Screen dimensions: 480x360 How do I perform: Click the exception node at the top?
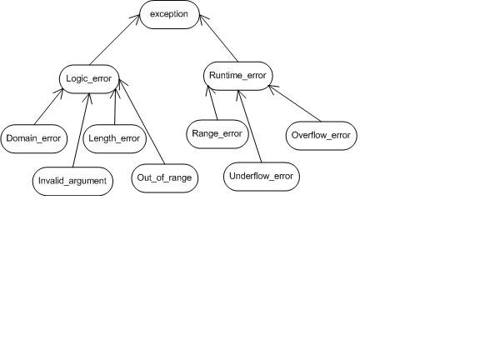(169, 14)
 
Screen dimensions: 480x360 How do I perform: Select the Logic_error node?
(89, 79)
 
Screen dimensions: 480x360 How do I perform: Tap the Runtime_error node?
(237, 76)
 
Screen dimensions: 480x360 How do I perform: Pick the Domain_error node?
(33, 138)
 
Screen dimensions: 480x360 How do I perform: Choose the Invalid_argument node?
(72, 181)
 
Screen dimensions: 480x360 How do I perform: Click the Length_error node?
(114, 138)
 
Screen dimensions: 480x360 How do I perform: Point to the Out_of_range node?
(165, 178)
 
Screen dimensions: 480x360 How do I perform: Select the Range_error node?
(217, 134)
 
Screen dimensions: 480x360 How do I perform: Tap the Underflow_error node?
(262, 177)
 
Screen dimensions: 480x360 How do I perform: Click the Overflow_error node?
(321, 136)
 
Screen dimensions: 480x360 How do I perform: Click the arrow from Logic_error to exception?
(115, 39)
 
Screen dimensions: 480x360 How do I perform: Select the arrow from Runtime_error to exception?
(219, 38)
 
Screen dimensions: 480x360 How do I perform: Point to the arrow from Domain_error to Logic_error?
(49, 106)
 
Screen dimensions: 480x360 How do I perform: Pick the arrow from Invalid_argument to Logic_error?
(81, 130)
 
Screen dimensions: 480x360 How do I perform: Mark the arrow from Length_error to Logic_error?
(115, 107)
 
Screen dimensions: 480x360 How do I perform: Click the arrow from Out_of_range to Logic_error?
(142, 122)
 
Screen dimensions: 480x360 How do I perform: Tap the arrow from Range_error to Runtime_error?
(212, 102)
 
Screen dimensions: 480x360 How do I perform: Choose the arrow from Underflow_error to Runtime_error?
(250, 127)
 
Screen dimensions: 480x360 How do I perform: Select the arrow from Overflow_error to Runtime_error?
(295, 103)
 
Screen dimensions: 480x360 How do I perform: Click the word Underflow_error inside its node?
(262, 177)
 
